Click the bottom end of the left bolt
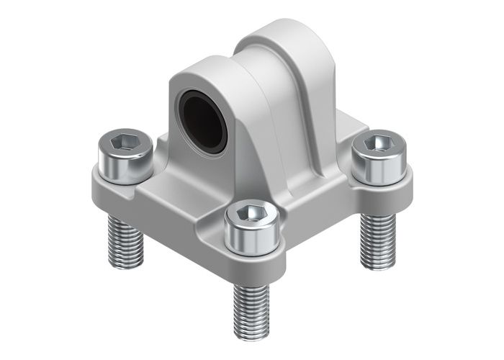pyautogui.click(x=125, y=263)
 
